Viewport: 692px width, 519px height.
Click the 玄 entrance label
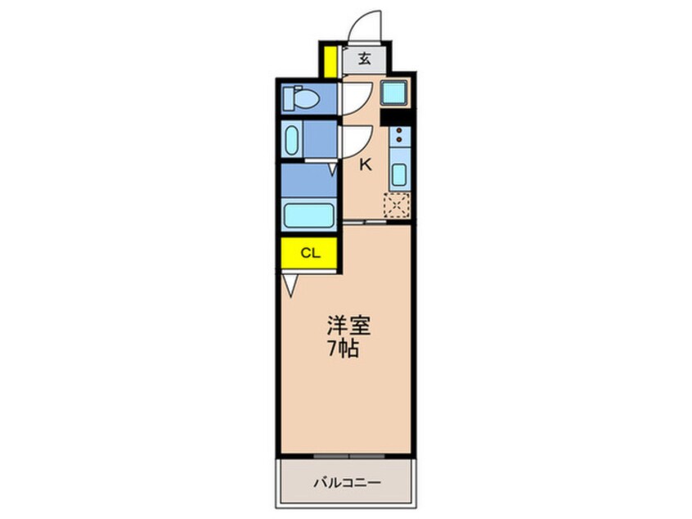364,59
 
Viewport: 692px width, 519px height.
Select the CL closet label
309,252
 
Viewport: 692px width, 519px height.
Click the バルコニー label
346,483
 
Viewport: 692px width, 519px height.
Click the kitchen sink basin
398,174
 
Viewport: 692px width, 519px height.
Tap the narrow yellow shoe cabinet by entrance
329,62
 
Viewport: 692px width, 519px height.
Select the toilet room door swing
357,98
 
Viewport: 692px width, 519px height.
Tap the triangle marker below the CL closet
290,284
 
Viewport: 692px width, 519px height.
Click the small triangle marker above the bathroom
333,169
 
